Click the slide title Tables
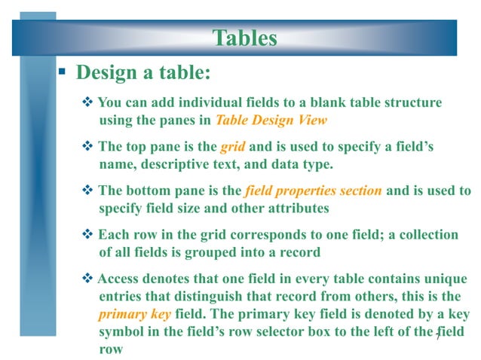(x=245, y=37)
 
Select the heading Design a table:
(x=142, y=74)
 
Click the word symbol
(x=121, y=332)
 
